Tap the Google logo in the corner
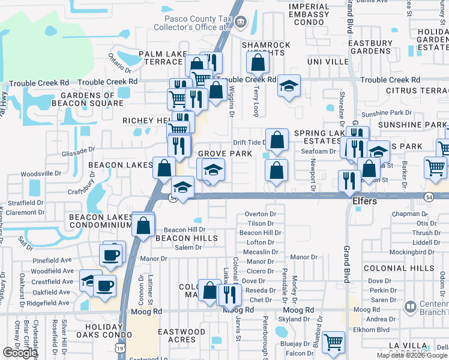click(19, 353)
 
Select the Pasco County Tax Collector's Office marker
click(241, 23)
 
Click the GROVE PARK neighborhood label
click(224, 154)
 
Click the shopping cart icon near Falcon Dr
click(333, 343)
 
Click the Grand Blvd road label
click(347, 265)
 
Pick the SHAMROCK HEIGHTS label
click(266, 49)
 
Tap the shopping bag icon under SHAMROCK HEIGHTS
click(258, 62)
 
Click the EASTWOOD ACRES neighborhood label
click(182, 335)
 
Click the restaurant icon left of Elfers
click(349, 180)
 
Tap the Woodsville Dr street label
click(41, 173)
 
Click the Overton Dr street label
click(261, 214)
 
